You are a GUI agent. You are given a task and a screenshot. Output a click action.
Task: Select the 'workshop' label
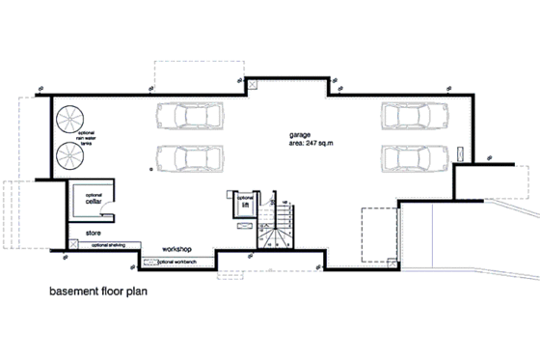pos(180,249)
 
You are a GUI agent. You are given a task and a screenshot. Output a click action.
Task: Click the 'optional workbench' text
pos(177,262)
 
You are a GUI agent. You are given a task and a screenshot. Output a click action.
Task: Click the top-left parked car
pos(188,116)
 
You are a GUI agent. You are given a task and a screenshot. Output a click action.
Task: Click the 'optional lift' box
pos(245,206)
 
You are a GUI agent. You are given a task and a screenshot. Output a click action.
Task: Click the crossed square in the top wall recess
pos(253,85)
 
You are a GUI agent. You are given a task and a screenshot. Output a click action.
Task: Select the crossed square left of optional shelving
pos(73,245)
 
